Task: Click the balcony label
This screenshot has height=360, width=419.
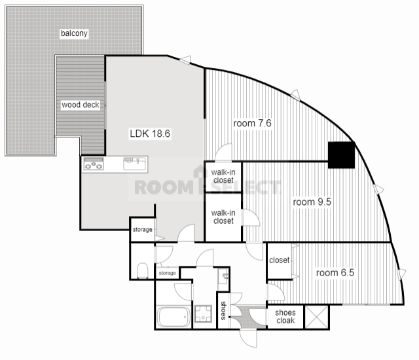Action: (x=75, y=33)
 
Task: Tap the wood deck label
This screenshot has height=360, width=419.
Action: (x=81, y=105)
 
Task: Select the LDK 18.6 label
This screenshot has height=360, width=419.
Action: (x=150, y=133)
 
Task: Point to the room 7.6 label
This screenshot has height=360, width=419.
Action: (x=252, y=122)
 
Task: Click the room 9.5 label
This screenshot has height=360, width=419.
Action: (x=312, y=202)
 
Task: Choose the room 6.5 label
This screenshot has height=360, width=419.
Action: (x=335, y=272)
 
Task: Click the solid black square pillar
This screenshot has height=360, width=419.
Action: (x=340, y=154)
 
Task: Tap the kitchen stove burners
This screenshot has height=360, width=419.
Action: (x=94, y=164)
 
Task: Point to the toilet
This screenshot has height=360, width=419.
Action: (x=142, y=270)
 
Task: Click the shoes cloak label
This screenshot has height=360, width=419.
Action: (x=285, y=317)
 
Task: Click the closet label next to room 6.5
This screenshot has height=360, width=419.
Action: (x=279, y=260)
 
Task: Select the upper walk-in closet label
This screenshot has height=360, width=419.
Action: (x=223, y=176)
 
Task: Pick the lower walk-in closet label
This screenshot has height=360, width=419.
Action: (x=223, y=216)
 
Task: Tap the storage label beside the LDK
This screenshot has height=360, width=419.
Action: (x=142, y=230)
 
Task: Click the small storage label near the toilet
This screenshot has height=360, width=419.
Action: (x=167, y=273)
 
